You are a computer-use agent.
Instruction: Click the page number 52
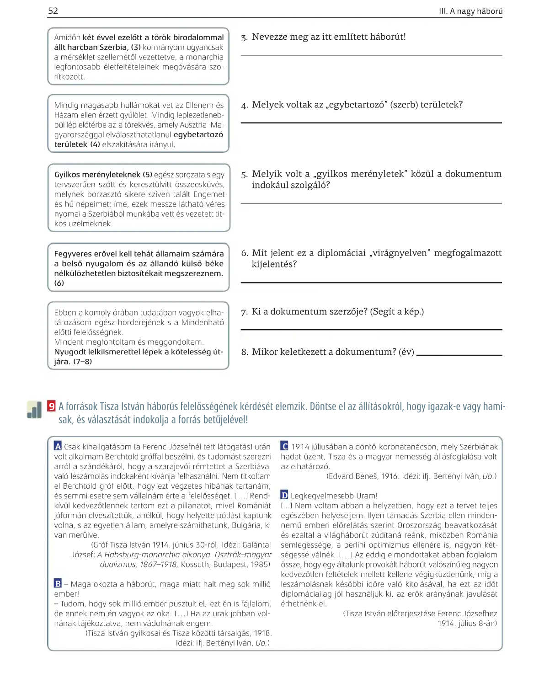tap(53, 11)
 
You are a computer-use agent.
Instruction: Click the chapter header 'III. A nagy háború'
tap(470, 11)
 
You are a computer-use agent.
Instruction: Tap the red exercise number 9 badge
tap(52, 406)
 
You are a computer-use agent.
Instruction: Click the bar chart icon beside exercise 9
tap(34, 410)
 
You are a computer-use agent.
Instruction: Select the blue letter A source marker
tap(58, 446)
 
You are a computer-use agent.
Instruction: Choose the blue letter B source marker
tap(58, 583)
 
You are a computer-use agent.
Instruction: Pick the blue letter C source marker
tap(284, 446)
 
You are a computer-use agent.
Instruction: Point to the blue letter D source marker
tap(284, 495)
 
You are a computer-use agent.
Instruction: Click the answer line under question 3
tap(371, 55)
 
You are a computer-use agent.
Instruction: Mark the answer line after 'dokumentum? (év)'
tap(459, 355)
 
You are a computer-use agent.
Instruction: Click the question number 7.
tap(244, 312)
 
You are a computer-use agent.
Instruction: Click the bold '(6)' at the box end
tap(59, 283)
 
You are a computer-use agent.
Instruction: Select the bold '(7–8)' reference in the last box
tap(83, 361)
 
